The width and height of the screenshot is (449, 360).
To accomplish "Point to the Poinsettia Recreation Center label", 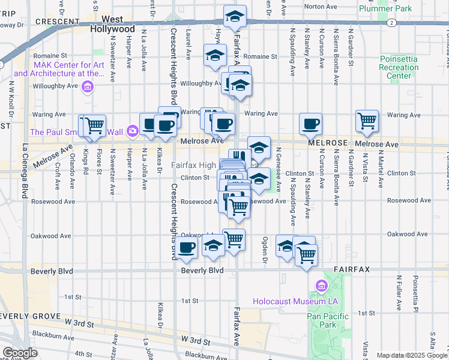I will click(399, 67).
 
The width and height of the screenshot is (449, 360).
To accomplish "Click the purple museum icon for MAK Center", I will click(88, 88).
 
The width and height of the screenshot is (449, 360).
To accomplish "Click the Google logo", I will click(20, 353).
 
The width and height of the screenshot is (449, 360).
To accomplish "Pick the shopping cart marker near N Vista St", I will click(366, 120).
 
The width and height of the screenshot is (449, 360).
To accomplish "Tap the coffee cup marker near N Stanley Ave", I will click(310, 124).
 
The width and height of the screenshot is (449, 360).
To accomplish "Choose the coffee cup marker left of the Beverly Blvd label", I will click(186, 247).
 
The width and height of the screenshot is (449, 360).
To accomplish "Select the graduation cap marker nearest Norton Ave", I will click(235, 16).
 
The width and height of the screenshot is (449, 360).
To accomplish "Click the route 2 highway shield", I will click(391, 23).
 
